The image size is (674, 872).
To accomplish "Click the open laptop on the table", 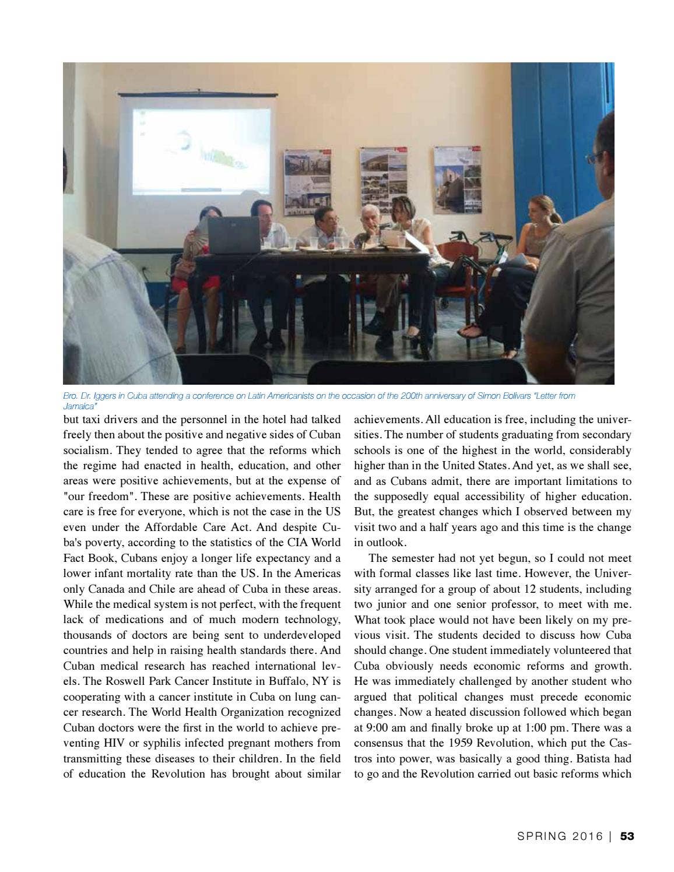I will (x=233, y=235).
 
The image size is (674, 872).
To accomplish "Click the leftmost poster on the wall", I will (x=307, y=182).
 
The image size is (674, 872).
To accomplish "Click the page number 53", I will (x=627, y=836).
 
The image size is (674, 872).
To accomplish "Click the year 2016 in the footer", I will (x=587, y=836).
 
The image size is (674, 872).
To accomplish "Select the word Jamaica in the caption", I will (x=79, y=406).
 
